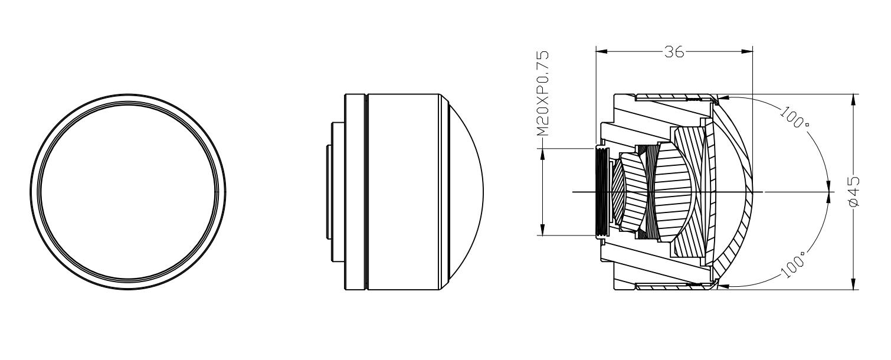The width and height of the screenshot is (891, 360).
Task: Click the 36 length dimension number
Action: pyautogui.click(x=674, y=51)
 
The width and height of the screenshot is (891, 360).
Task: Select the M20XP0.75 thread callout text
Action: pyautogui.click(x=543, y=94)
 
